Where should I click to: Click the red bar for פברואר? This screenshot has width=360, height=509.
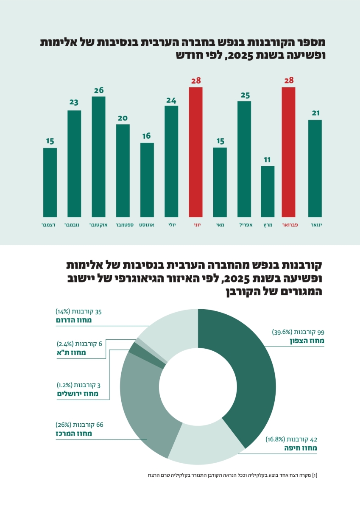[x=288, y=152]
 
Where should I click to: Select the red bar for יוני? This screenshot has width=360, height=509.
[x=195, y=152]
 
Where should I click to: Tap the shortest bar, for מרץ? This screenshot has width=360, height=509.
[x=268, y=191]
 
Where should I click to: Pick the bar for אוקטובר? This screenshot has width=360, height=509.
[x=99, y=157]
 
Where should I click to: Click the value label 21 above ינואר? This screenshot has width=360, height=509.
[x=315, y=113]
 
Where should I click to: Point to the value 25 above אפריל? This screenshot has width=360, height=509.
[x=245, y=95]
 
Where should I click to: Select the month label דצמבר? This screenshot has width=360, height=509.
[x=50, y=224]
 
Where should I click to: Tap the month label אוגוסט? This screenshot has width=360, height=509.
[x=147, y=224]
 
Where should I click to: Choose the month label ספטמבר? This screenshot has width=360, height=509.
[x=123, y=224]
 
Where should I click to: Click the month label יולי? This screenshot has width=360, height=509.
[x=172, y=224]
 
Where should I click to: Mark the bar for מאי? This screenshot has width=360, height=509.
[x=220, y=182]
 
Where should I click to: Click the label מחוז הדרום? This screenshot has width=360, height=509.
[x=74, y=320]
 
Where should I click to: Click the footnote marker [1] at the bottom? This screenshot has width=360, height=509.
[x=314, y=475]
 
